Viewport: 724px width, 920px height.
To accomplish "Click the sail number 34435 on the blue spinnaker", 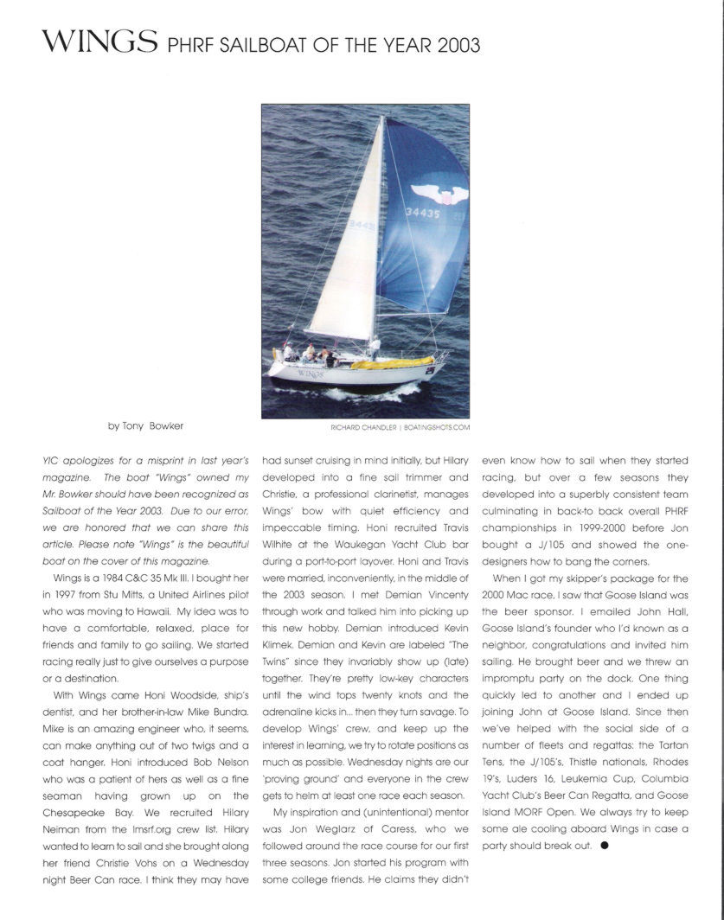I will (423, 212).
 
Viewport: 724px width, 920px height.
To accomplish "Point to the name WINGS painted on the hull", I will (311, 374).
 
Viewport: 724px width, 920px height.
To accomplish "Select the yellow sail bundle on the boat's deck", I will (394, 362).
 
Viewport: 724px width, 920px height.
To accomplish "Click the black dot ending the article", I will (604, 846).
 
